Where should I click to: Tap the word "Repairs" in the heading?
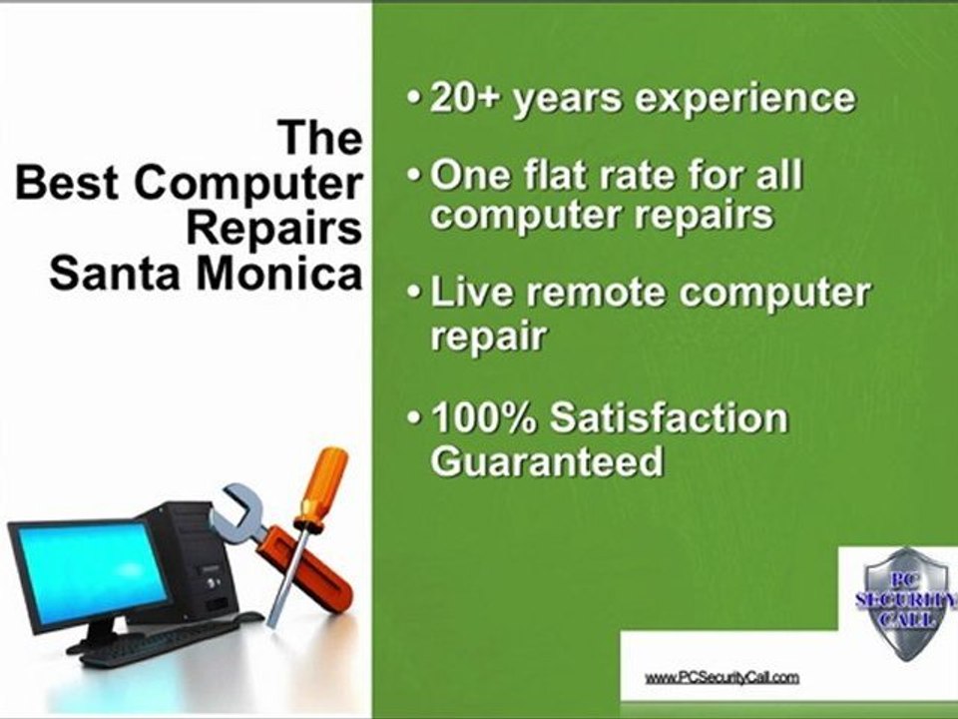coord(273,229)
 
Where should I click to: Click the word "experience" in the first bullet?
coord(732,99)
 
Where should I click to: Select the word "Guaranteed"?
coord(546,460)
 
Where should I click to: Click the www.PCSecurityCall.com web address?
coord(721,677)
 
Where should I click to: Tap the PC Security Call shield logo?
coord(905,599)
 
